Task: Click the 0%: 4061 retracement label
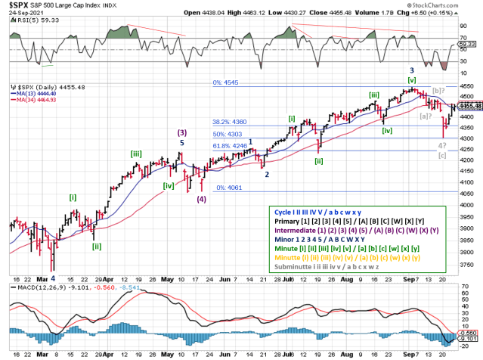point(230,188)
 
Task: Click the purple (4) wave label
point(201,200)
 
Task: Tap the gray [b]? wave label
point(440,90)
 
